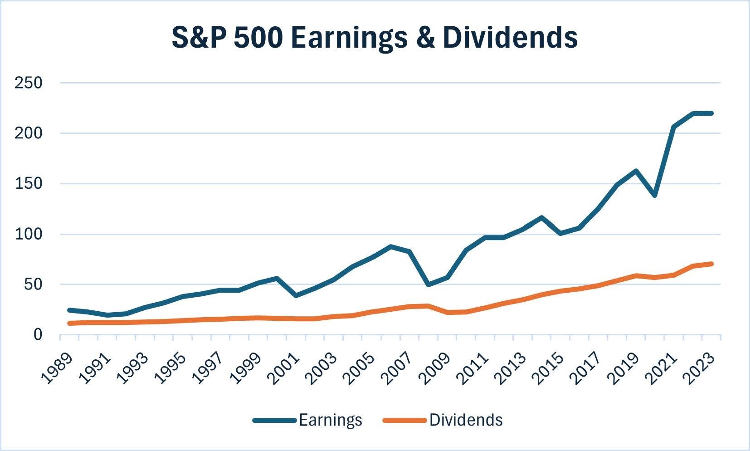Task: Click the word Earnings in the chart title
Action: (x=349, y=38)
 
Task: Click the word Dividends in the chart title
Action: (x=510, y=37)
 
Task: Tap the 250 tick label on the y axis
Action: (x=28, y=83)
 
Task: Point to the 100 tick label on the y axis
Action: (x=28, y=234)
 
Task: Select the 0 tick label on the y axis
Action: (x=37, y=335)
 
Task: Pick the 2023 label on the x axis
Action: (x=700, y=368)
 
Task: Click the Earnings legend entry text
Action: (x=331, y=420)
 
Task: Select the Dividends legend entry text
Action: (x=466, y=420)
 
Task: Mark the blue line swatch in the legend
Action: (x=274, y=420)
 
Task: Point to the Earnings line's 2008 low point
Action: (x=428, y=285)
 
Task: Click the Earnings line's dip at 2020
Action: (x=655, y=196)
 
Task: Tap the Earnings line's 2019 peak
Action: (x=636, y=171)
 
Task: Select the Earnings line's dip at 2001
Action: (x=296, y=296)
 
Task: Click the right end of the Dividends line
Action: (x=711, y=264)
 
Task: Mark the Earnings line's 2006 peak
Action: (x=390, y=246)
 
